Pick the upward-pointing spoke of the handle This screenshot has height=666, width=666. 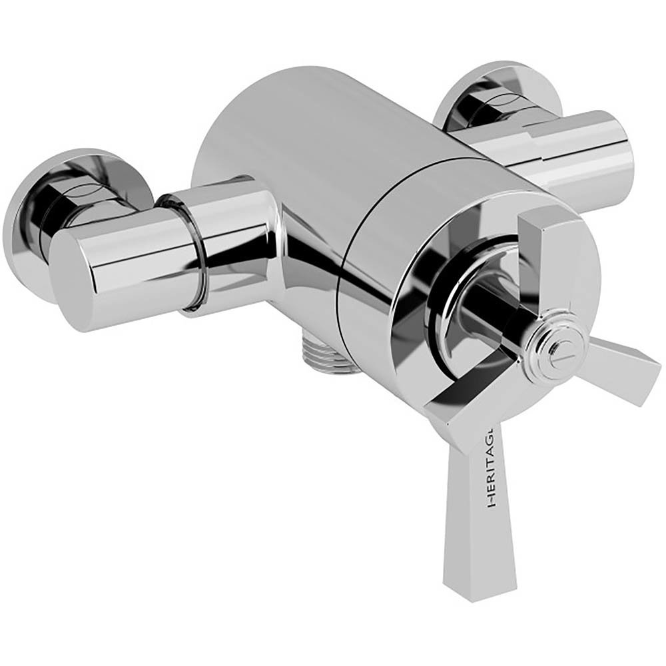pyautogui.click(x=539, y=253)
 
